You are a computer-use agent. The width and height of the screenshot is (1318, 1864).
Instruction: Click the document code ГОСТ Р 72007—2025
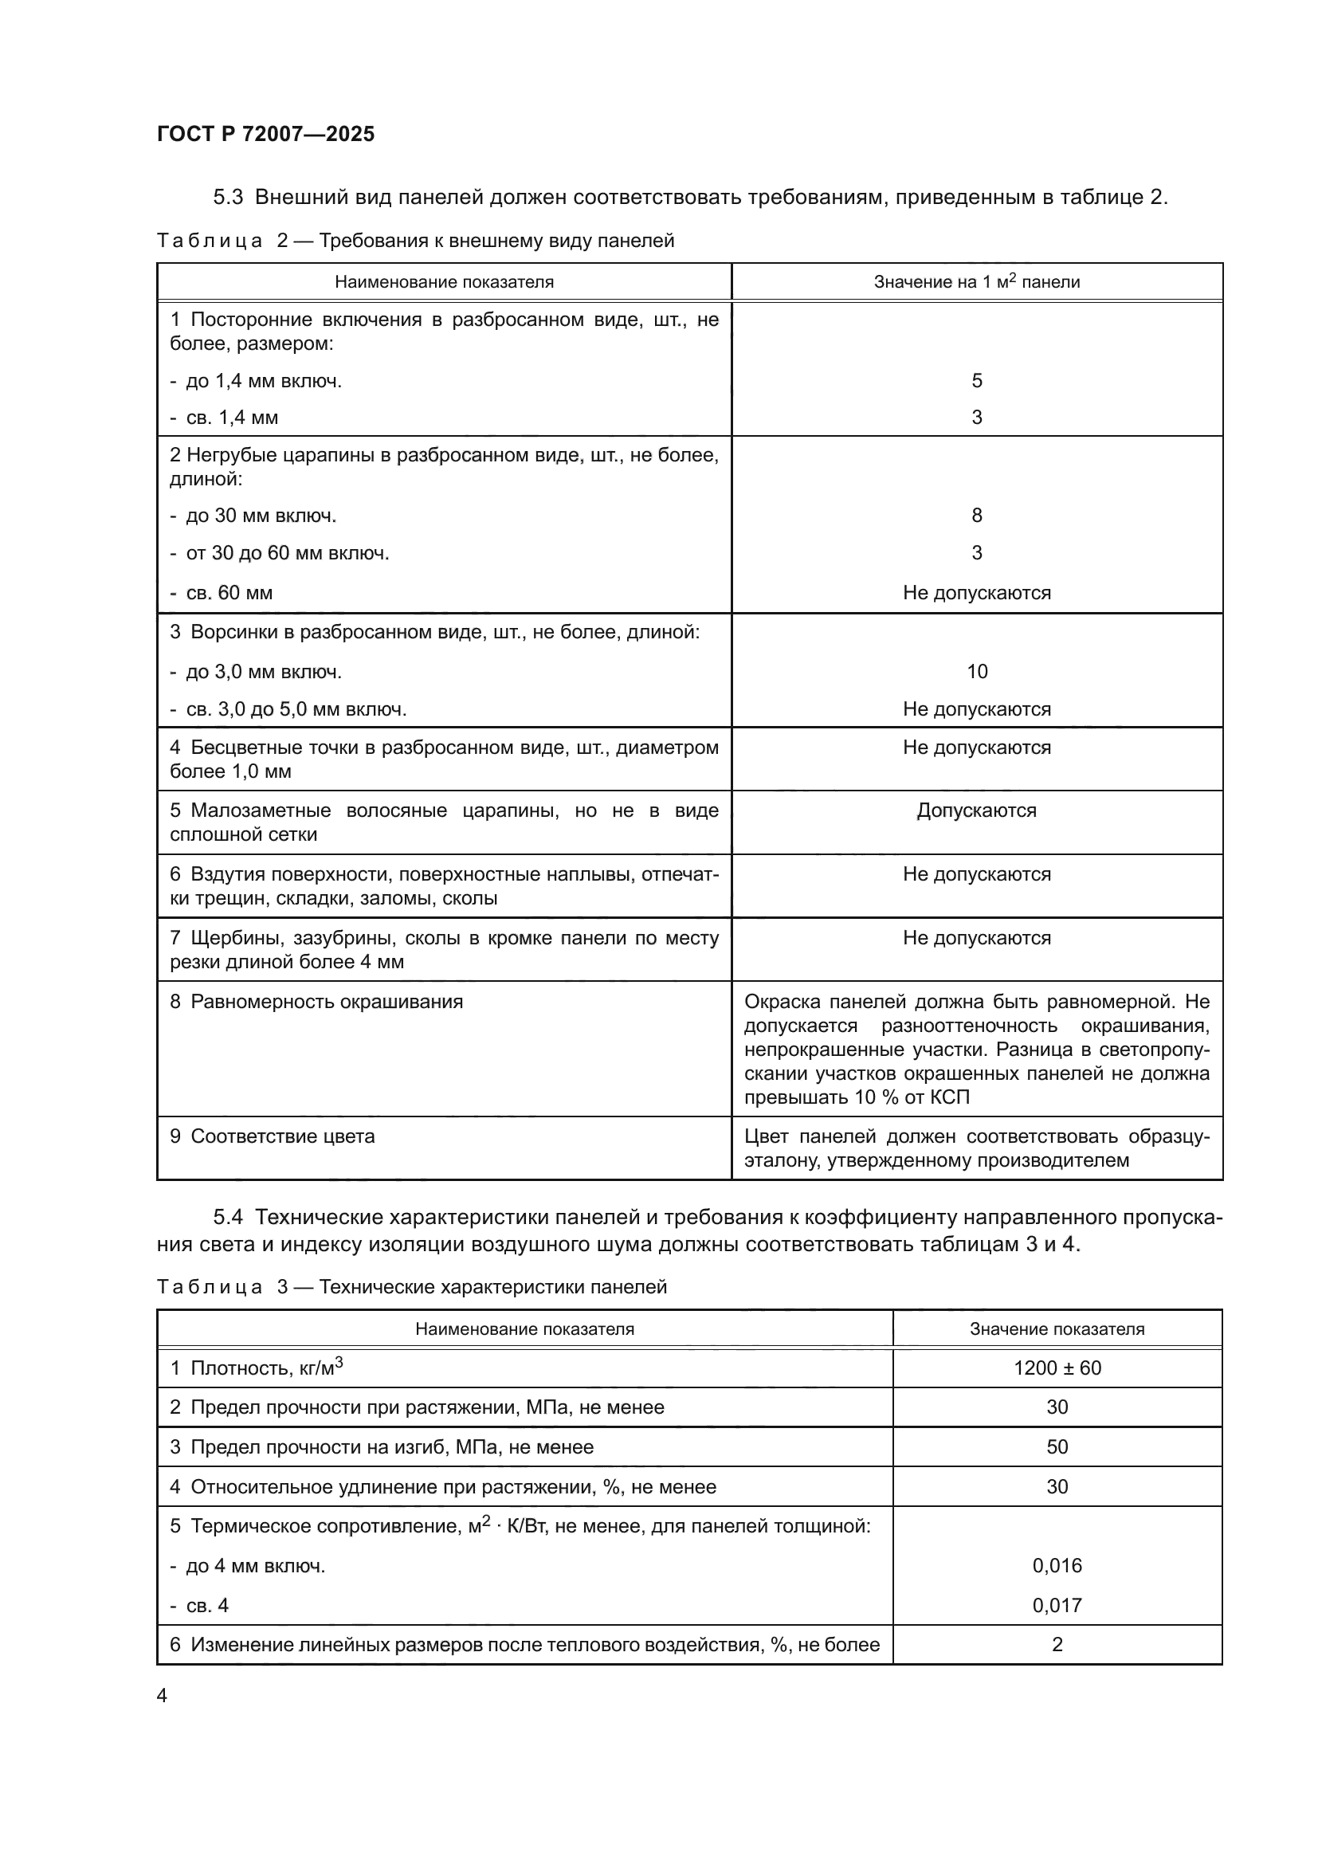tap(265, 135)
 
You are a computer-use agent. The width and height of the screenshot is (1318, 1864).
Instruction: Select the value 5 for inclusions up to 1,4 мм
tap(976, 381)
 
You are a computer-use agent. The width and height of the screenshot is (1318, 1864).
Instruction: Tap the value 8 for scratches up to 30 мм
tap(976, 516)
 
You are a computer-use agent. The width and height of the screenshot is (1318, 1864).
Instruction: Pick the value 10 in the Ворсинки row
tap(976, 671)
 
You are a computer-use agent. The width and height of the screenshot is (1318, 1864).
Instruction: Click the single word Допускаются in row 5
tap(976, 810)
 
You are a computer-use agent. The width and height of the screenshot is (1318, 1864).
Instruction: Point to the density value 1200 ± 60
tap(1057, 1368)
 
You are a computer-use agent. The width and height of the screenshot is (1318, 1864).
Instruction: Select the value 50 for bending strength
tap(1057, 1446)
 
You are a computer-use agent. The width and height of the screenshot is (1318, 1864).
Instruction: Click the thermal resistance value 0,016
tap(1057, 1565)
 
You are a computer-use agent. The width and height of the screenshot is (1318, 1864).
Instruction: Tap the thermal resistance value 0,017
tap(1057, 1605)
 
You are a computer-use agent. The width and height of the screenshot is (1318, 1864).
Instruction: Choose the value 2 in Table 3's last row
tap(1057, 1644)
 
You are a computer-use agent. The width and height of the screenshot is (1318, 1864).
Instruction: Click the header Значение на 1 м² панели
tap(976, 281)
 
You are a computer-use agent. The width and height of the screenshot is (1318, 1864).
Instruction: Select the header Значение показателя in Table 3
tap(1057, 1329)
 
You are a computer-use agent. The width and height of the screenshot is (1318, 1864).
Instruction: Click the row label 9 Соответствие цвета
tap(273, 1136)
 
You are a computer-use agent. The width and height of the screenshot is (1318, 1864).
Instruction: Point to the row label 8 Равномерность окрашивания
tap(316, 1002)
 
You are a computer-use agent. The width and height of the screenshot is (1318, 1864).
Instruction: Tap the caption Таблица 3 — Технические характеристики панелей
tap(411, 1287)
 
